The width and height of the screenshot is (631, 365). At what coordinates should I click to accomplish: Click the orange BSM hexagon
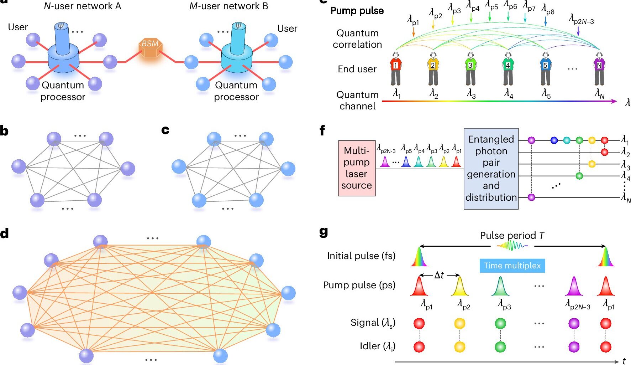[150, 47]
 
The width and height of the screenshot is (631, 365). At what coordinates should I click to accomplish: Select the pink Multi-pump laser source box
[357, 168]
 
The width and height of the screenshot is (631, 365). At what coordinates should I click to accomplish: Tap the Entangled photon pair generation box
[491, 168]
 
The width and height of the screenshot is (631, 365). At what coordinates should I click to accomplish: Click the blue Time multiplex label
[512, 266]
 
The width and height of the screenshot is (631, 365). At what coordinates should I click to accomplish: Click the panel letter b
[4, 131]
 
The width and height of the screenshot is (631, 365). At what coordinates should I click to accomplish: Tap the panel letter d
[5, 233]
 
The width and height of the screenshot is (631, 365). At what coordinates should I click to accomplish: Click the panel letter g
[324, 232]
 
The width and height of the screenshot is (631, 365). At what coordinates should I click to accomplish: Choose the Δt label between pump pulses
[439, 275]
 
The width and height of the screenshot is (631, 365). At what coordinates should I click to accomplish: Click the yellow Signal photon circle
[459, 323]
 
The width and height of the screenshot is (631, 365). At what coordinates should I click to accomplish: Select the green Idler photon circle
[500, 346]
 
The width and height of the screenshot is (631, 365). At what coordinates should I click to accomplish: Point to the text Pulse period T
[512, 236]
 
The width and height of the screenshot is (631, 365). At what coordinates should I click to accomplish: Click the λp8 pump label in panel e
[548, 10]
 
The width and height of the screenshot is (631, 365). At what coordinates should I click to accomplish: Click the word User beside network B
[287, 29]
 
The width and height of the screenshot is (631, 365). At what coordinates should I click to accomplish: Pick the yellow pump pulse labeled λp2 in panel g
[459, 287]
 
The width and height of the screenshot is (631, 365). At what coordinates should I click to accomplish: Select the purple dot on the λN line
[531, 197]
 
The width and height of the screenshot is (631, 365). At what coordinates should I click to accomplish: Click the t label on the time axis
[624, 361]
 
